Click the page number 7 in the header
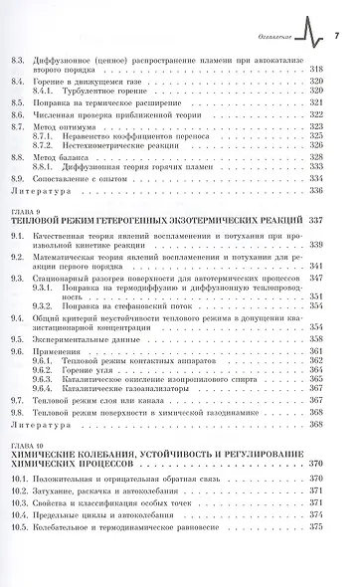pyautogui.click(x=338, y=37)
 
